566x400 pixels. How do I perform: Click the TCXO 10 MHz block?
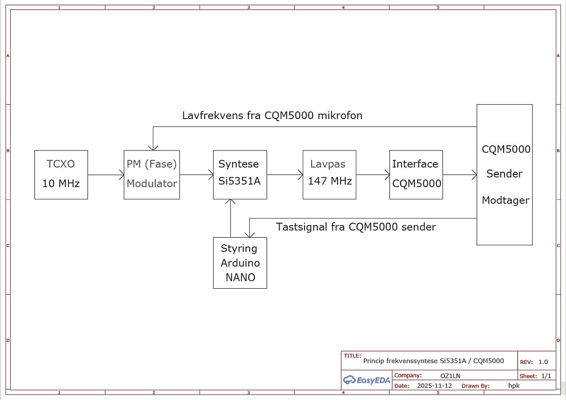tap(61, 175)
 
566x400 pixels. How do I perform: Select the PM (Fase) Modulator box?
tap(152, 175)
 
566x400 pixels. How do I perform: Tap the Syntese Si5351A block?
tap(240, 175)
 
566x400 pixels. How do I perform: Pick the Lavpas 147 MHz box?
tap(329, 175)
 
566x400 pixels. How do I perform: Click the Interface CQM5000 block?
tap(416, 175)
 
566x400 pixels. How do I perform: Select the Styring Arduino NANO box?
tap(240, 263)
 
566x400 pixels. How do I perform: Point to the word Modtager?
tap(505, 200)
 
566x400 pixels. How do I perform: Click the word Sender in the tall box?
tap(504, 174)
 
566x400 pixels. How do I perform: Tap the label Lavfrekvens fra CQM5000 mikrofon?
tap(272, 116)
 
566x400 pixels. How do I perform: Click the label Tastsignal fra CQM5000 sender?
tap(356, 227)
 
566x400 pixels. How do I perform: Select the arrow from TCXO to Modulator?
tap(106, 175)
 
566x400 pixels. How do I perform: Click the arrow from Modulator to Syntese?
tap(196, 175)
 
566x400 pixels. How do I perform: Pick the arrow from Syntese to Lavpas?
tap(284, 175)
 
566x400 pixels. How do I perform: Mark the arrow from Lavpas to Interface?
tap(373, 175)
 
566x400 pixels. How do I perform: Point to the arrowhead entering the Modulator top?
tap(153, 147)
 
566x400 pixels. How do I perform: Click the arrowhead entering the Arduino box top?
tap(250, 234)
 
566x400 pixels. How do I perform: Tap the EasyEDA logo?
tap(367, 380)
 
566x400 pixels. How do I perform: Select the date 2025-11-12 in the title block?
tap(434, 386)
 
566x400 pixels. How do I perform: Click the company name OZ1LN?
tap(450, 376)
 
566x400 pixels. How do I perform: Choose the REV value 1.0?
tap(543, 362)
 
